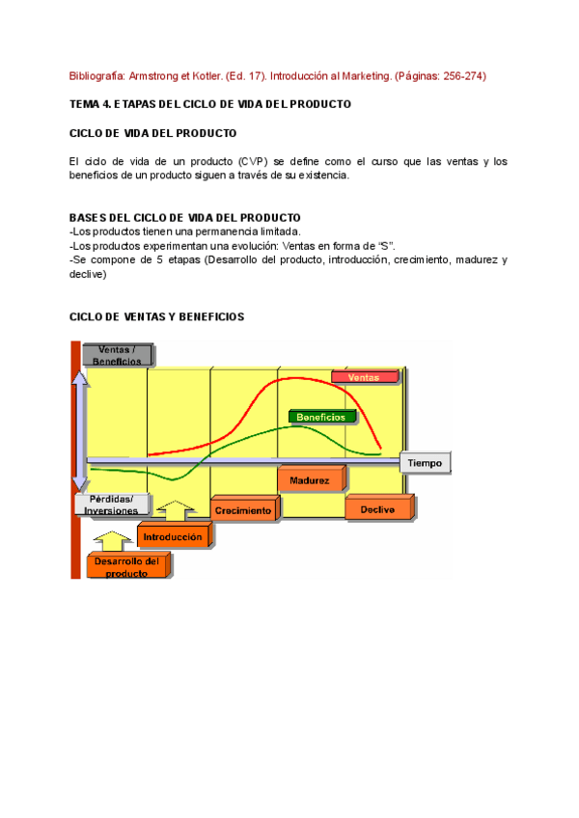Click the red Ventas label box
pyautogui.click(x=364, y=377)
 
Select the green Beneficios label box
pyautogui.click(x=321, y=417)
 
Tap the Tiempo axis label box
pyautogui.click(x=425, y=463)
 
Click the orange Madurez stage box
pyautogui.click(x=309, y=479)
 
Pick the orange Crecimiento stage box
pyautogui.click(x=243, y=509)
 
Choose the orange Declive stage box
pyautogui.click(x=377, y=508)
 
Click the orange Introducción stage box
pyautogui.click(x=173, y=536)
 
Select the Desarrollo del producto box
pyautogui.click(x=126, y=566)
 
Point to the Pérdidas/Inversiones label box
pyautogui.click(x=114, y=504)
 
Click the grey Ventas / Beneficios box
pyautogui.click(x=117, y=355)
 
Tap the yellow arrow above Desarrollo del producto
pyautogui.click(x=113, y=539)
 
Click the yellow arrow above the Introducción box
pyautogui.click(x=175, y=509)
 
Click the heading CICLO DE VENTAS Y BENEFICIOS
pyautogui.click(x=156, y=316)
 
